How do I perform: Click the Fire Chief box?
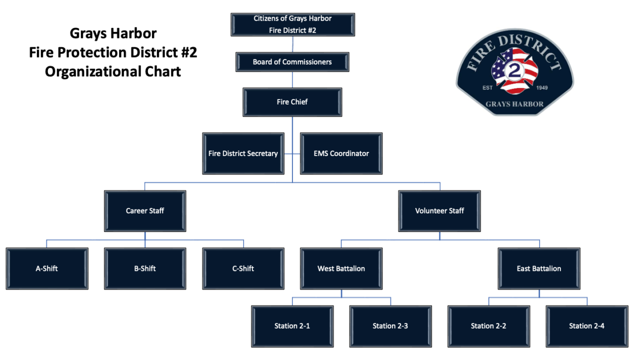pos(292,102)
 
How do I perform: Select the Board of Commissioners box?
pos(292,62)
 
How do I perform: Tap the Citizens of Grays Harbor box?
pos(292,24)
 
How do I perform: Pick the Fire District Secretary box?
pos(243,153)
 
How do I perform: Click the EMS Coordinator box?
pos(341,153)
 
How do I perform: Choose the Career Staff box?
pos(145,211)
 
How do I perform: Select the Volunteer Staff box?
pos(439,211)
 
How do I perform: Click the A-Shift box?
pos(47,268)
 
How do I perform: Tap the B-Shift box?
pos(145,268)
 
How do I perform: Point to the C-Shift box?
pos(243,268)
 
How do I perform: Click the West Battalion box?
pos(341,268)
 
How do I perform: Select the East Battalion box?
pos(539,268)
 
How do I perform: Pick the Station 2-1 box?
pos(292,326)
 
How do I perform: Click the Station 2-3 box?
pos(390,326)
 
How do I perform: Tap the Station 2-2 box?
pos(488,326)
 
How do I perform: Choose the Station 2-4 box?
pos(586,326)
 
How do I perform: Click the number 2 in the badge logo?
pos(514,71)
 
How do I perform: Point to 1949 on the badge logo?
pos(541,88)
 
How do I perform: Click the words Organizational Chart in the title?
pos(113,71)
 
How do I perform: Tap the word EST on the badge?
pos(487,88)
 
